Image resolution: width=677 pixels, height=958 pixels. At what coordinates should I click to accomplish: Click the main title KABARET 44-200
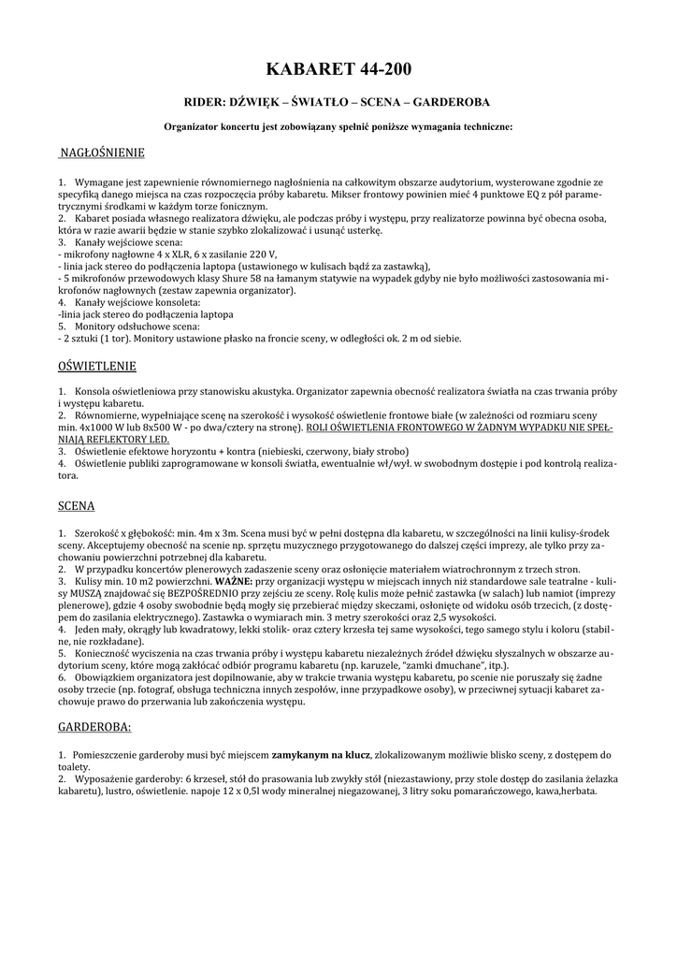[338, 70]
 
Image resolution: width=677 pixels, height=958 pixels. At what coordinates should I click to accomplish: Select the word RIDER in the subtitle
[201, 102]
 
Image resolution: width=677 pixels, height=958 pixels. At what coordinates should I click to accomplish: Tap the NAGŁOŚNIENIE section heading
[102, 152]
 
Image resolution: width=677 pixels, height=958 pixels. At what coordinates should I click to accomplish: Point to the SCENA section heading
[77, 505]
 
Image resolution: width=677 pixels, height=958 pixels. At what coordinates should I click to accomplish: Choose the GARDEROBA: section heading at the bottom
[95, 726]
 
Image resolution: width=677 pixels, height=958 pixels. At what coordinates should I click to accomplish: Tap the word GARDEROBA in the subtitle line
[452, 102]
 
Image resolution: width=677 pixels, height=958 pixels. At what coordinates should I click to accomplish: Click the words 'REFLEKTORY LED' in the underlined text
[127, 437]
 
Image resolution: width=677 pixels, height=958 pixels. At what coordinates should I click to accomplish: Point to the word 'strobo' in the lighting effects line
[353, 449]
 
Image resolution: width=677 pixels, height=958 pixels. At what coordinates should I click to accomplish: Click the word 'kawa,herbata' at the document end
[564, 790]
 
